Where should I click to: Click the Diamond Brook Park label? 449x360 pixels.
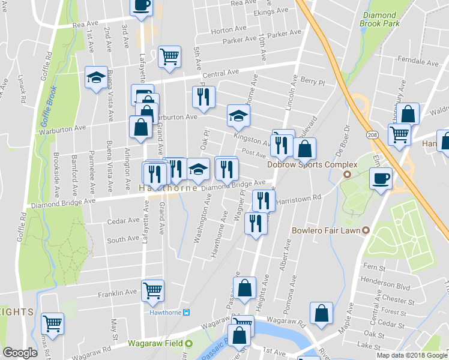pyautogui.click(x=379, y=19)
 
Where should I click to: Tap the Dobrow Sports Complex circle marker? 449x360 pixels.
pyautogui.click(x=347, y=175)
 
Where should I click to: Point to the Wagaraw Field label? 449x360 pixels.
pyautogui.click(x=155, y=344)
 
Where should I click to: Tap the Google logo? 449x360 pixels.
pyautogui.click(x=20, y=353)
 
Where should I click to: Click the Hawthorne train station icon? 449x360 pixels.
pyautogui.click(x=187, y=312)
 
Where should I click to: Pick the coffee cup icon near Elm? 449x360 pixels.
pyautogui.click(x=381, y=178)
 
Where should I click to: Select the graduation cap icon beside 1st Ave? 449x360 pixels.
pyautogui.click(x=96, y=77)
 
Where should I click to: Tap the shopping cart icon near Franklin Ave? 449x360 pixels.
pyautogui.click(x=152, y=290)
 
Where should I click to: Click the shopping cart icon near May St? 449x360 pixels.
pyautogui.click(x=52, y=323)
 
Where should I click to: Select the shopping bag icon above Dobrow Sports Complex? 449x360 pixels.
pyautogui.click(x=305, y=148)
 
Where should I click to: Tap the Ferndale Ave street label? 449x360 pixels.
pyautogui.click(x=418, y=62)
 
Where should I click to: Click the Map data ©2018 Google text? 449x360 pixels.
pyautogui.click(x=412, y=355)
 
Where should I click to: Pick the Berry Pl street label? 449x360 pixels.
pyautogui.click(x=312, y=82)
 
